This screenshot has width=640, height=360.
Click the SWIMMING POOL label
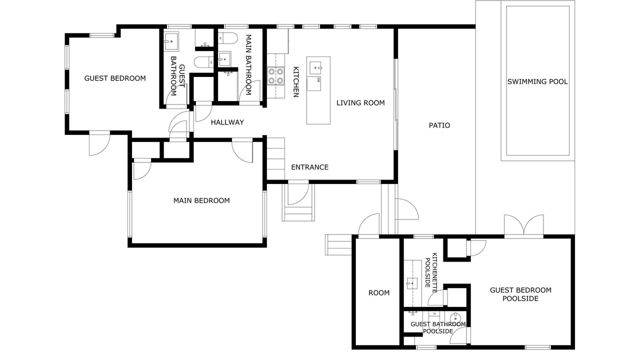click(x=537, y=81)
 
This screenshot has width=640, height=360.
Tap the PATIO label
click(x=439, y=125)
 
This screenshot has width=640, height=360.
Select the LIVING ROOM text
click(x=360, y=103)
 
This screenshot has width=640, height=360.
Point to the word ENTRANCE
click(x=309, y=167)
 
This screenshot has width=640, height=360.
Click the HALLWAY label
click(x=227, y=122)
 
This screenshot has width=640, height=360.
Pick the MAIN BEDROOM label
click(x=201, y=200)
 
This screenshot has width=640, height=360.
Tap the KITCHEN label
click(x=296, y=82)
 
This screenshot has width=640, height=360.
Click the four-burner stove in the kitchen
click(x=275, y=75)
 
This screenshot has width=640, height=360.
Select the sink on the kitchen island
click(x=315, y=68)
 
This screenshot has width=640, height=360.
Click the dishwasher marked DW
click(x=313, y=83)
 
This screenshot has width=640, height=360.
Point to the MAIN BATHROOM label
click(x=248, y=65)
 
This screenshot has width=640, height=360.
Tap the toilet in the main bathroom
click(x=227, y=38)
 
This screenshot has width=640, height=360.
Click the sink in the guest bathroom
click(x=171, y=41)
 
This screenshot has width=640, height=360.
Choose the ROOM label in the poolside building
click(x=379, y=293)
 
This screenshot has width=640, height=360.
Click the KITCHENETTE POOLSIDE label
click(x=431, y=272)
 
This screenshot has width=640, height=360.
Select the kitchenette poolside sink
click(x=412, y=283)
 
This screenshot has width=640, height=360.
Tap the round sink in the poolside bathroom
click(x=454, y=317)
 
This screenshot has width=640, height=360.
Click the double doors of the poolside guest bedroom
click(x=523, y=225)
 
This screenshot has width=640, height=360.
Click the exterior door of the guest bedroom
click(x=99, y=144)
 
